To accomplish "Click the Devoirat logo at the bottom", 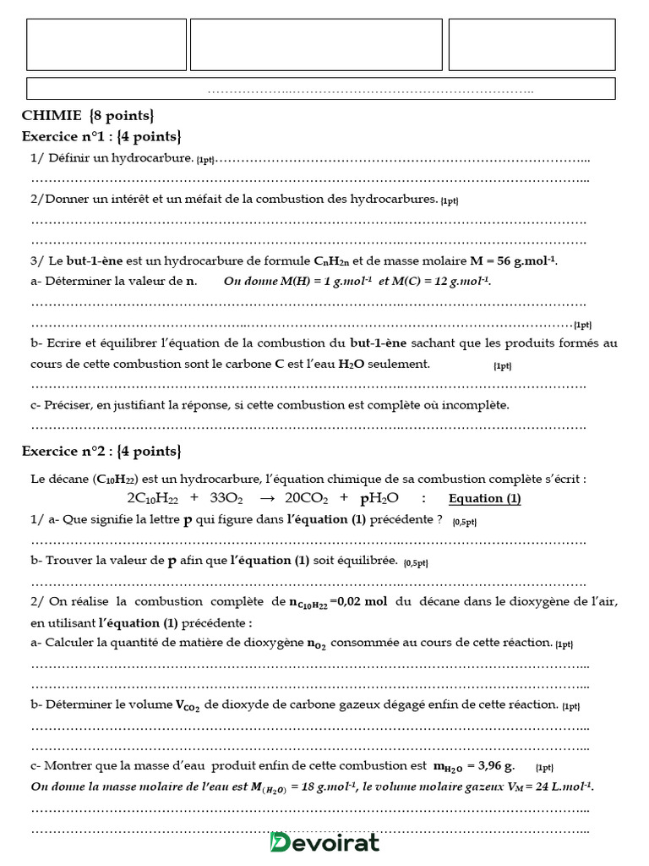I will pyautogui.click(x=324, y=842).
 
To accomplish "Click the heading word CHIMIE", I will pyautogui.click(x=52, y=116).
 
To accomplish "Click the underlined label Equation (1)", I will pyautogui.click(x=484, y=499).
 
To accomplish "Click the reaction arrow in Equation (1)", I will pyautogui.click(x=264, y=499).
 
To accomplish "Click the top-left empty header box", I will pyautogui.click(x=106, y=45).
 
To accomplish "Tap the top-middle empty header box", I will pyautogui.click(x=316, y=45).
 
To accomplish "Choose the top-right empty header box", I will pyautogui.click(x=532, y=45).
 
